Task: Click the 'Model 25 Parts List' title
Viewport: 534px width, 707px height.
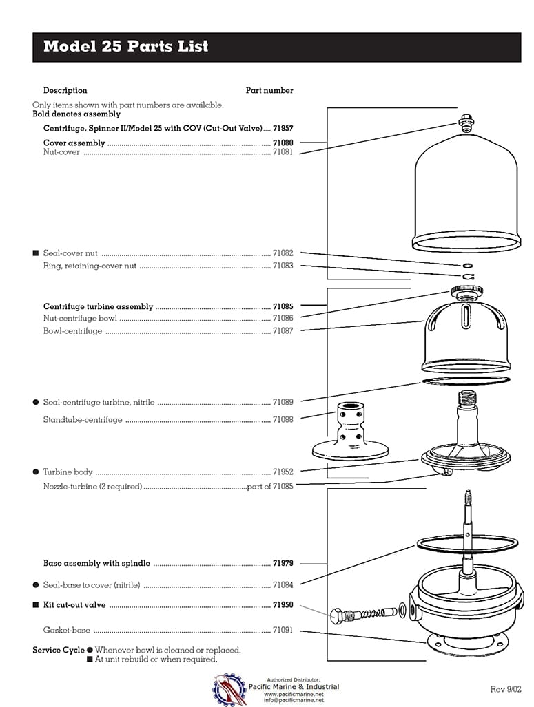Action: point(125,47)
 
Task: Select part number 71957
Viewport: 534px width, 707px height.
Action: point(283,129)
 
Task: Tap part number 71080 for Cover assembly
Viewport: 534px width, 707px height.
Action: point(283,143)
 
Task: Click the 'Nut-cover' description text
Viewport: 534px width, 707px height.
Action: point(61,152)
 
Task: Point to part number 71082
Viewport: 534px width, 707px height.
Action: point(283,253)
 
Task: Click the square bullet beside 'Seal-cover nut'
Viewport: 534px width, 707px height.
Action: point(36,253)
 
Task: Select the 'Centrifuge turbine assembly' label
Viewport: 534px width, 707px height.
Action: point(98,306)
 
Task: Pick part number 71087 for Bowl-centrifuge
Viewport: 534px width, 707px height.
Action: point(283,331)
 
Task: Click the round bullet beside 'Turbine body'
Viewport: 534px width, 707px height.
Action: point(36,472)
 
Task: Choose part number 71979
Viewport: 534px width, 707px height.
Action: point(283,563)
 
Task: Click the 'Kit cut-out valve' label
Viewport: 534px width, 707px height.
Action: point(74,605)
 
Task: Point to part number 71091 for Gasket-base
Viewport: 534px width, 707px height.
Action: point(283,630)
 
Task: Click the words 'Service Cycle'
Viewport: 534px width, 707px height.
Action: point(59,650)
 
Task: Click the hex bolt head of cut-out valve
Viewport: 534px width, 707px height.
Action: point(339,615)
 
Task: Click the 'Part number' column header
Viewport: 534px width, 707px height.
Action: point(269,90)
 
